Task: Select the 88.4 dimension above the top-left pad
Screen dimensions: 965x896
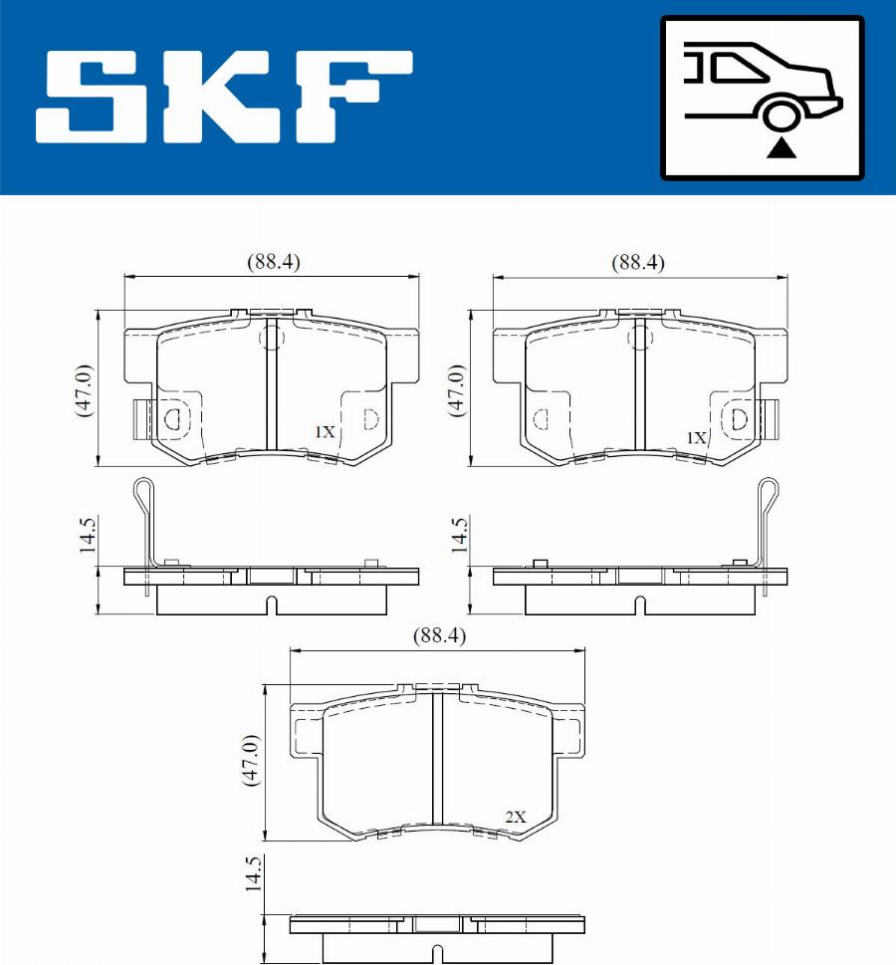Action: [273, 262]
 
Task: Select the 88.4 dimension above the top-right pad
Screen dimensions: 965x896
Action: [638, 262]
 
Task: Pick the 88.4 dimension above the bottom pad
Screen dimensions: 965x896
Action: [439, 634]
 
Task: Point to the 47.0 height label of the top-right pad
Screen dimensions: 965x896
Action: [456, 389]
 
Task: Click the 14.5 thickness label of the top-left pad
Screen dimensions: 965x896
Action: [87, 535]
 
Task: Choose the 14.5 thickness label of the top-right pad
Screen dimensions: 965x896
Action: [458, 535]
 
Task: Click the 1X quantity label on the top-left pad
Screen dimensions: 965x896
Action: [325, 432]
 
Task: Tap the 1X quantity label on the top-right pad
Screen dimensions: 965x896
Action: [696, 437]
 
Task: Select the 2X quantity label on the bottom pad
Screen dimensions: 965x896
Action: [515, 817]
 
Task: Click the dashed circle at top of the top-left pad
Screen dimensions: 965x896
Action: [271, 339]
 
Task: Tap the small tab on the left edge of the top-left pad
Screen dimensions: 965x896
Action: [140, 419]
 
